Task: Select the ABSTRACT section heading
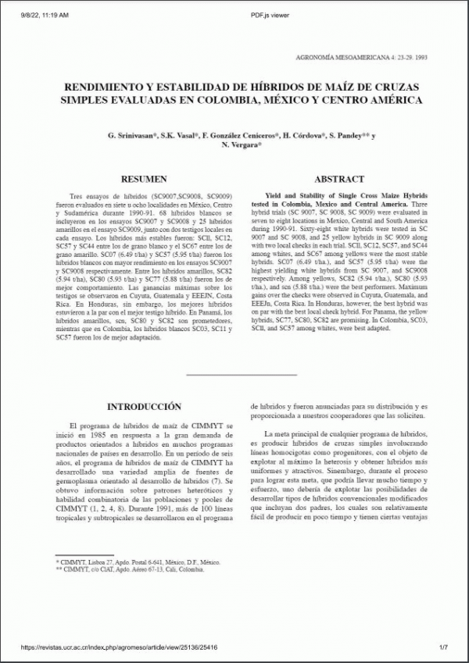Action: (x=338, y=179)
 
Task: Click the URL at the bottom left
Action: (x=119, y=647)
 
